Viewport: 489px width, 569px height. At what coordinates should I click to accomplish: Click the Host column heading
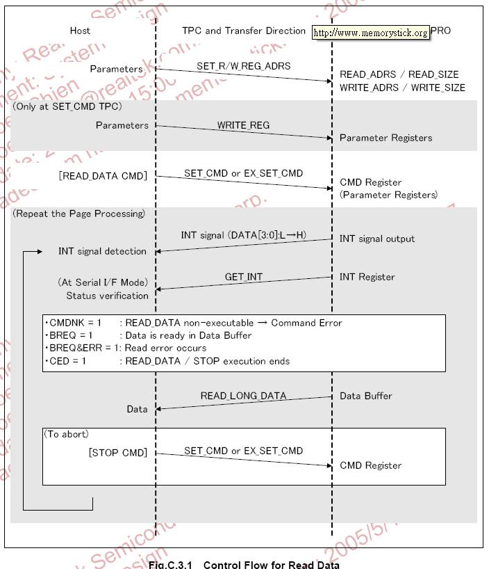(80, 31)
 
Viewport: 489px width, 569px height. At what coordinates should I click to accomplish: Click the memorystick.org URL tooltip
(370, 33)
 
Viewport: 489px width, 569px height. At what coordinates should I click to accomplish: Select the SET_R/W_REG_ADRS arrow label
(243, 65)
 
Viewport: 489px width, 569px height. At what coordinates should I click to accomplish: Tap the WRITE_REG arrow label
(243, 125)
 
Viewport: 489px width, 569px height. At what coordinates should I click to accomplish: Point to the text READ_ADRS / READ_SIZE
(399, 74)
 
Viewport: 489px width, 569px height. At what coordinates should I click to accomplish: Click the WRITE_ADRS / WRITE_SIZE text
(402, 88)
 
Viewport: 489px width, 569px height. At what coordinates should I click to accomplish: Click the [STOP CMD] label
(118, 453)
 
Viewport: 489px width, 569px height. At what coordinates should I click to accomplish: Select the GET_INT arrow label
(244, 277)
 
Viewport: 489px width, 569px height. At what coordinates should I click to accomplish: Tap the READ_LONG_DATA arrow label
(243, 396)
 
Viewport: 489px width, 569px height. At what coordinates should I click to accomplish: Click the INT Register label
(367, 277)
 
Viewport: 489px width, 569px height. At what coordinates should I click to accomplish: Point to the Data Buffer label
(365, 396)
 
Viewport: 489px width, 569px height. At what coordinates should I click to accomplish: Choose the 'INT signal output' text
(376, 239)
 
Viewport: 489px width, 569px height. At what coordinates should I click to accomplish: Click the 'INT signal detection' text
(102, 251)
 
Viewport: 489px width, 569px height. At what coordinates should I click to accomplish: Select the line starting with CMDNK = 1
(194, 323)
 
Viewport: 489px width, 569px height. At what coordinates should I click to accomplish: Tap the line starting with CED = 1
(167, 360)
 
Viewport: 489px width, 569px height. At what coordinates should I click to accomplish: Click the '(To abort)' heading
(67, 434)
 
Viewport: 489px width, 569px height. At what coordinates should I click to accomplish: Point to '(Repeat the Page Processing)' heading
(78, 214)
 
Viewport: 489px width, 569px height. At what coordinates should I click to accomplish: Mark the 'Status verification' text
(107, 296)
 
